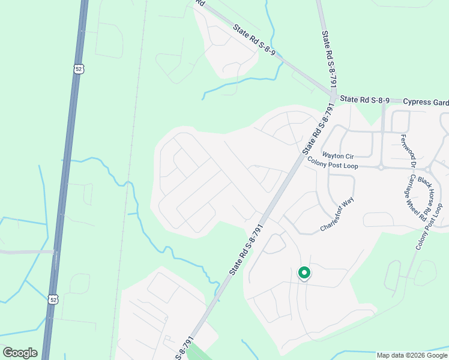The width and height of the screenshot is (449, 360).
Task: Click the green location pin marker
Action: [304, 273]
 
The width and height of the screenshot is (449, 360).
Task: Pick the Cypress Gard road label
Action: [426, 102]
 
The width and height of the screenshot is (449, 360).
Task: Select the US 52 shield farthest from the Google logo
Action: [79, 68]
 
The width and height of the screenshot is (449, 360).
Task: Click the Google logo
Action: [20, 353]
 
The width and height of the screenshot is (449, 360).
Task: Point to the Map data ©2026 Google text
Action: [412, 355]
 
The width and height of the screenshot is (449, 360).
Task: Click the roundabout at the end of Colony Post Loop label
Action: [381, 167]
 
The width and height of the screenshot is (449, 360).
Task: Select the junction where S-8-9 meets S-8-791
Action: [332, 95]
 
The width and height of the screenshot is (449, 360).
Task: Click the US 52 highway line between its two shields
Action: [66, 180]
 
